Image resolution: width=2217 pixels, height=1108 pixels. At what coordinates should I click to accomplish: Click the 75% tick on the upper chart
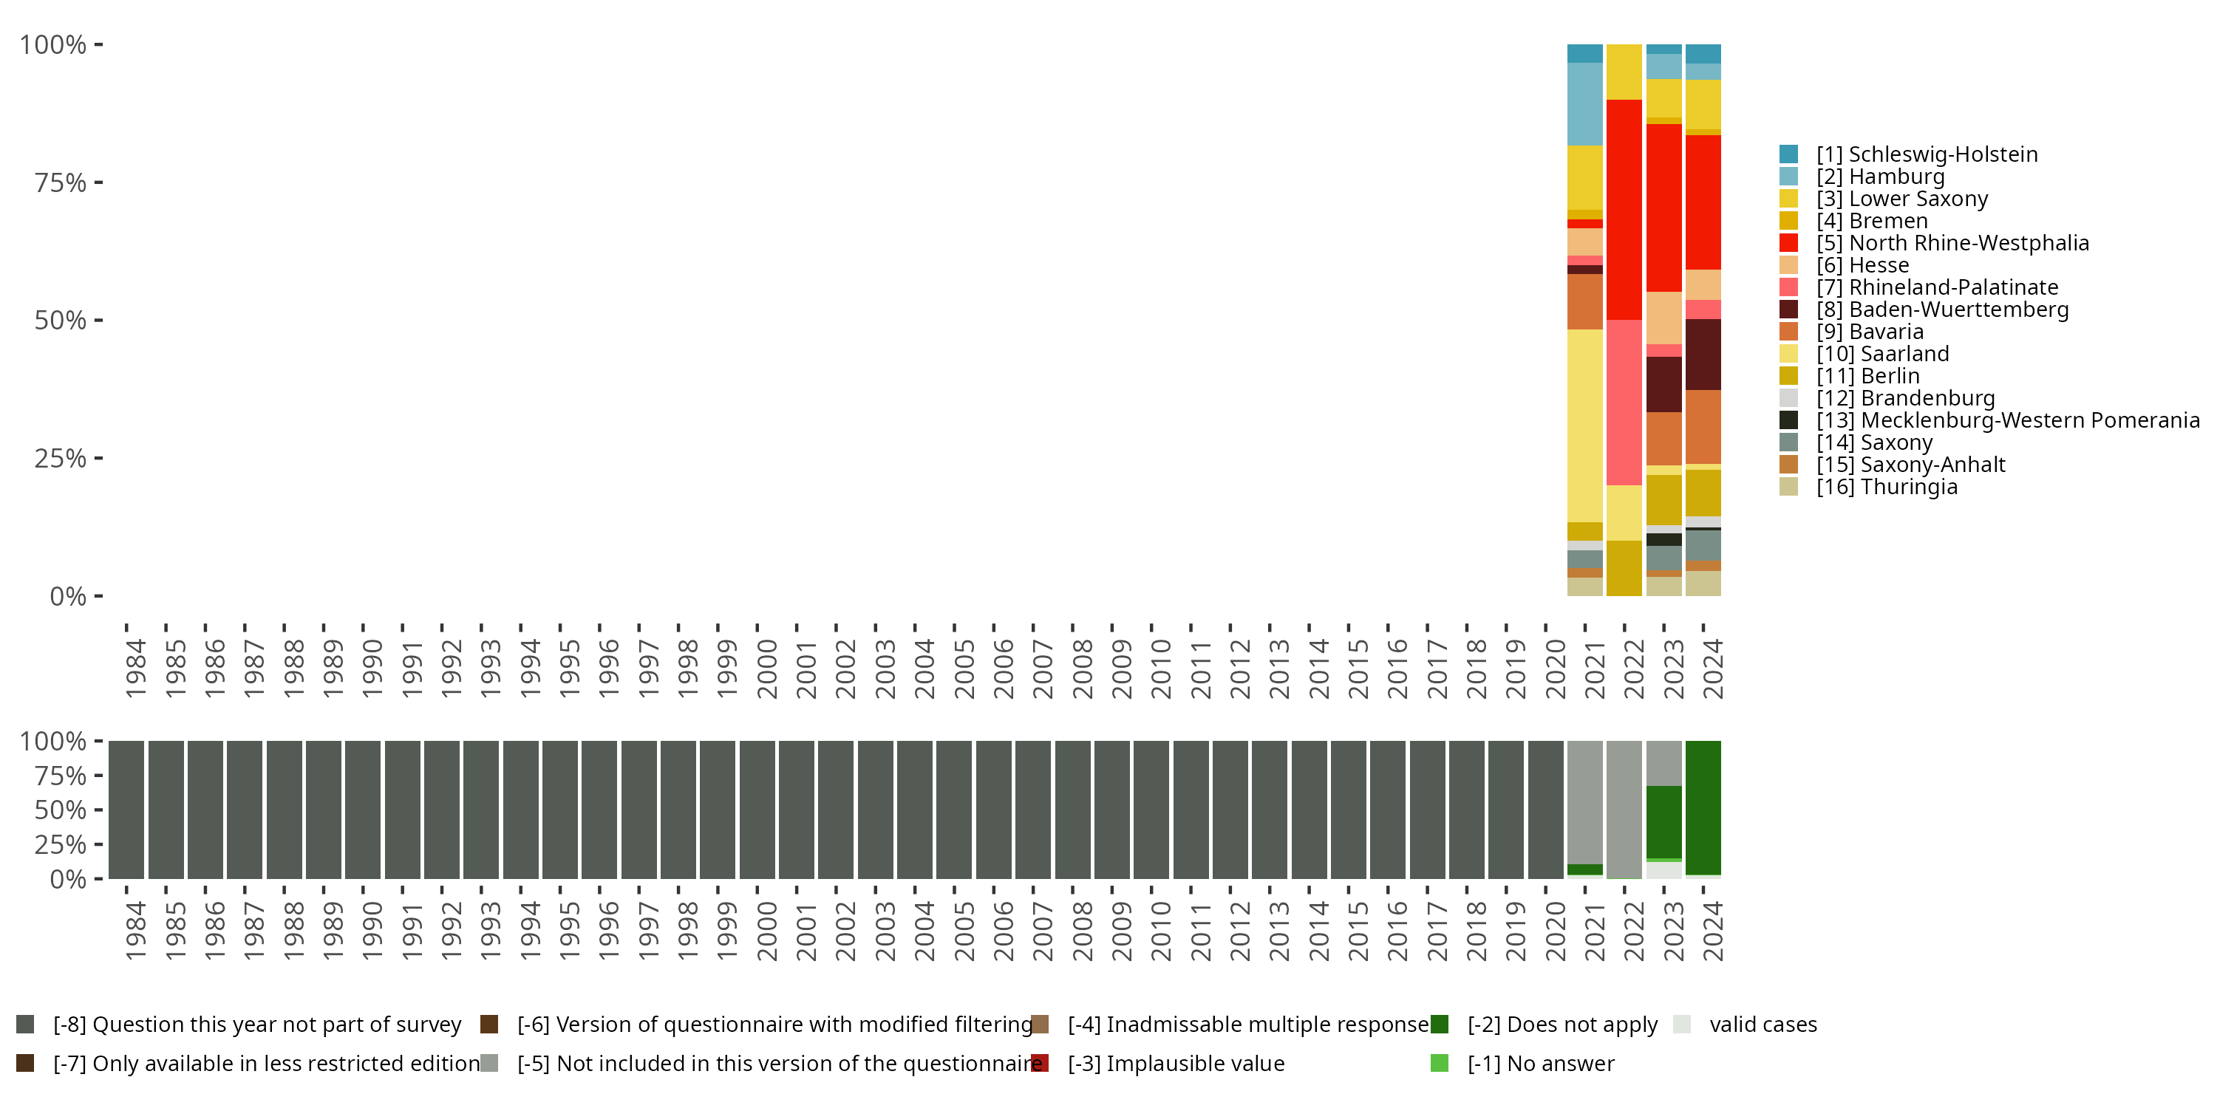pos(61,183)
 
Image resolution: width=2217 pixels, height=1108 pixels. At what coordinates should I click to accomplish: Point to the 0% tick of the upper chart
pos(68,596)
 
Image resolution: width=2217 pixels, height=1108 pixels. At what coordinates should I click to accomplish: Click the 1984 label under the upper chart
pos(136,668)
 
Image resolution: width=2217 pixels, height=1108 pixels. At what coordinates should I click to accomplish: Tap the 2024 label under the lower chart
pos(1713,931)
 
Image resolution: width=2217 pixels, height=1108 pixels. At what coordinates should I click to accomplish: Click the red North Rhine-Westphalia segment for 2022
pos(1624,210)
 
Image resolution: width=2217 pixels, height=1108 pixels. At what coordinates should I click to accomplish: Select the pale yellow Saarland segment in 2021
pos(1584,425)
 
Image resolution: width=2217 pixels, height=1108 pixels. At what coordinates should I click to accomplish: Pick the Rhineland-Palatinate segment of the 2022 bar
pos(1624,403)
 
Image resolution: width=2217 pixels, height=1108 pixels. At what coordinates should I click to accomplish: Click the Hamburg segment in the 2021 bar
pos(1584,104)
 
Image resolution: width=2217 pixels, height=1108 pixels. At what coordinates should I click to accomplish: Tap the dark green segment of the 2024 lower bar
pos(1703,807)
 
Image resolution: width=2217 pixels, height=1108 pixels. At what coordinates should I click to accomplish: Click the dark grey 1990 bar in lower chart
pos(362,810)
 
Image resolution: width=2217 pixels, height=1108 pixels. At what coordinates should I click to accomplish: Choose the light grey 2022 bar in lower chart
pos(1624,810)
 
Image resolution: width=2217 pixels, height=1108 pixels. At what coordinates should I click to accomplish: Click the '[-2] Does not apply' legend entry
pos(1562,1025)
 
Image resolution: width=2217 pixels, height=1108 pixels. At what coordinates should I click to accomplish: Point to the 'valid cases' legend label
pos(1763,1025)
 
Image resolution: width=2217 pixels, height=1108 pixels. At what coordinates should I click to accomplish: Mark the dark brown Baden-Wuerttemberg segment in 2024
pos(1703,355)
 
